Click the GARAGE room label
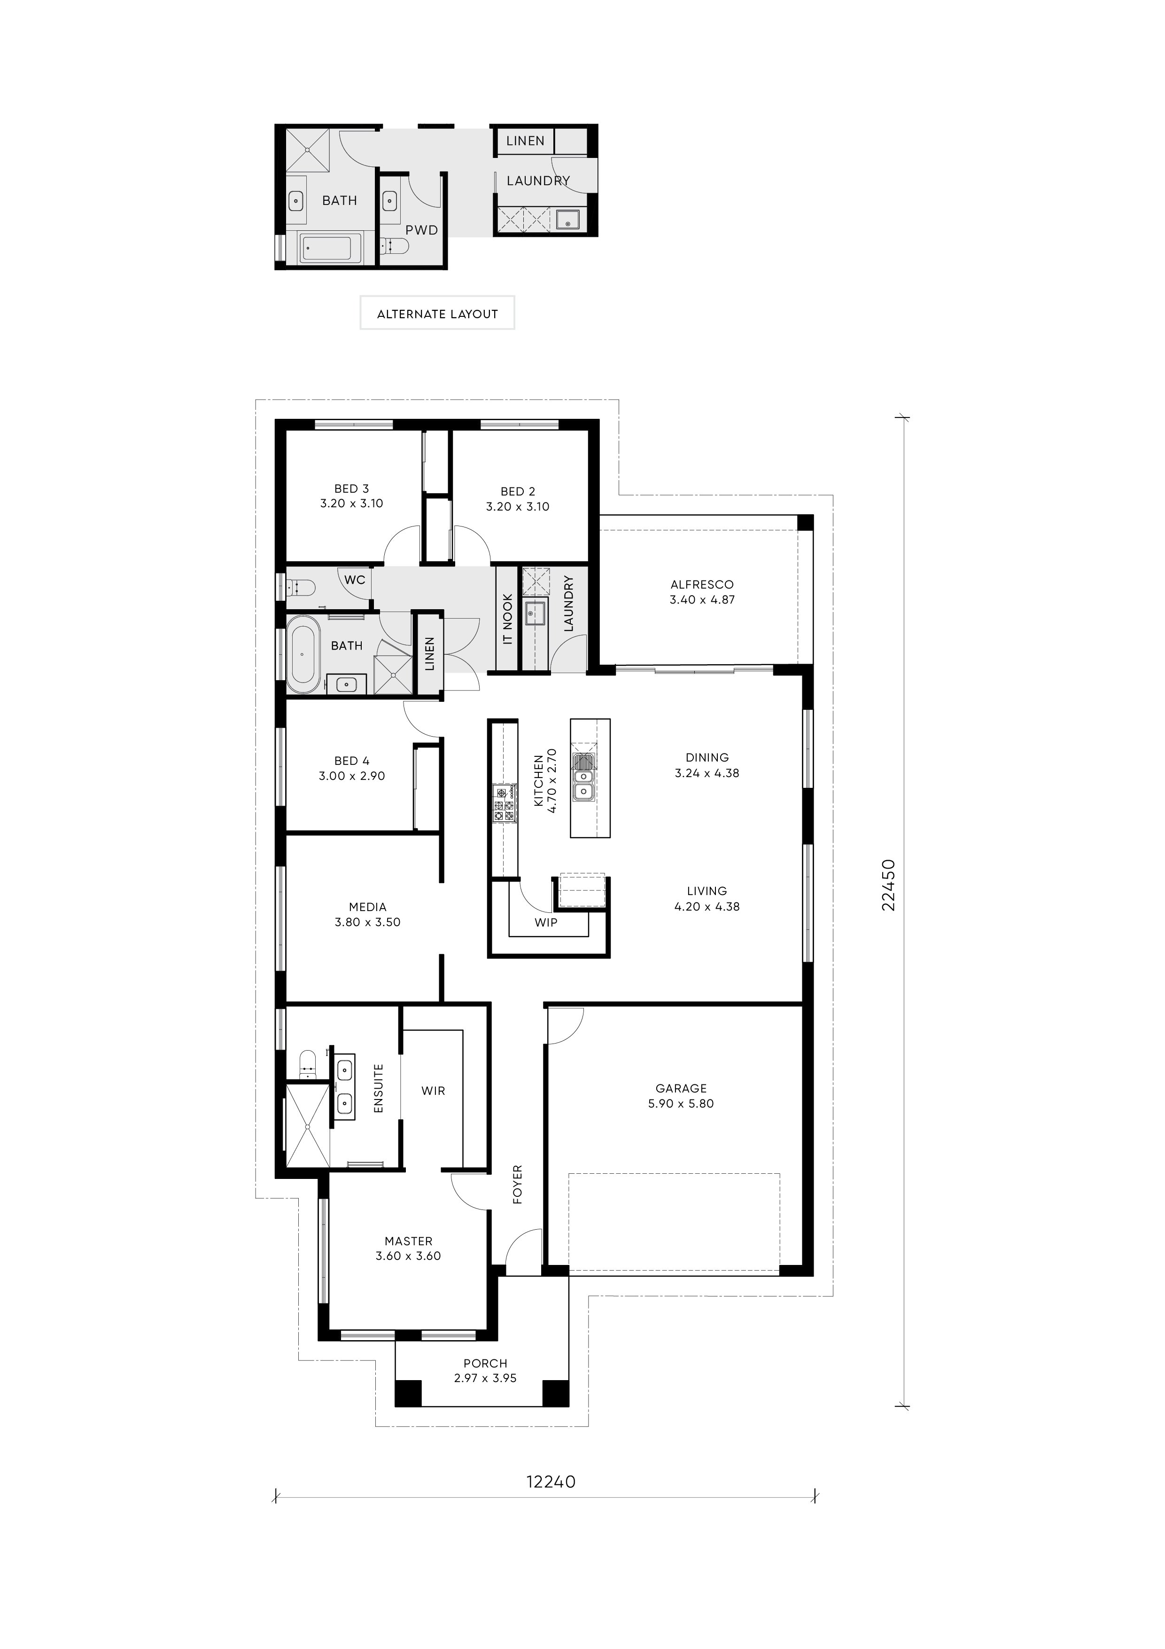pos(681,1088)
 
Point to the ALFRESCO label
pos(702,585)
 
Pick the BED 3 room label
pos(352,488)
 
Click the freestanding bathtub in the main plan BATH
pos(302,654)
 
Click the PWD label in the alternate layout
pos(421,230)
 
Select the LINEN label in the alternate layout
pos(526,141)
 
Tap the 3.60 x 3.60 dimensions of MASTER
pos(408,1256)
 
